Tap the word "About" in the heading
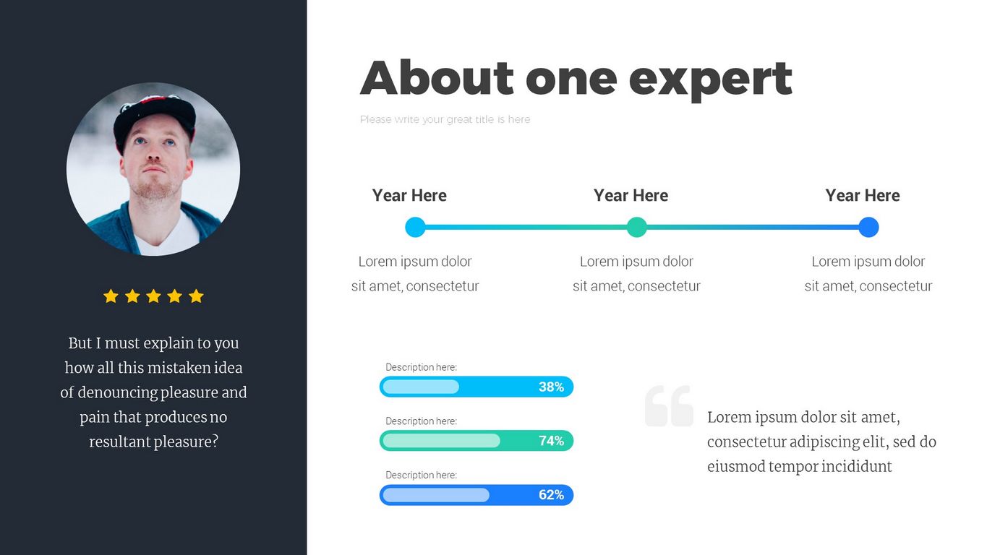[x=437, y=78]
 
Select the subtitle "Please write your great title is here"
[x=445, y=119]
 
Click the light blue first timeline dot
[x=415, y=228]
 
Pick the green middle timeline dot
[x=637, y=228]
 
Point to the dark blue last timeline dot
[x=868, y=228]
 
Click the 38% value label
[x=551, y=387]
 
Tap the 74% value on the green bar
[x=551, y=441]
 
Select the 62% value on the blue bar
[x=551, y=494]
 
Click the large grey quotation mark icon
[x=670, y=405]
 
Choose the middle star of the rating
[x=153, y=296]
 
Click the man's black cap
[x=154, y=120]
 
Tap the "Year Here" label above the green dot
[x=631, y=196]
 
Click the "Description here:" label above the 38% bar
[x=422, y=367]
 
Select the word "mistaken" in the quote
[x=176, y=367]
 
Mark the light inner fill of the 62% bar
[x=436, y=495]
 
